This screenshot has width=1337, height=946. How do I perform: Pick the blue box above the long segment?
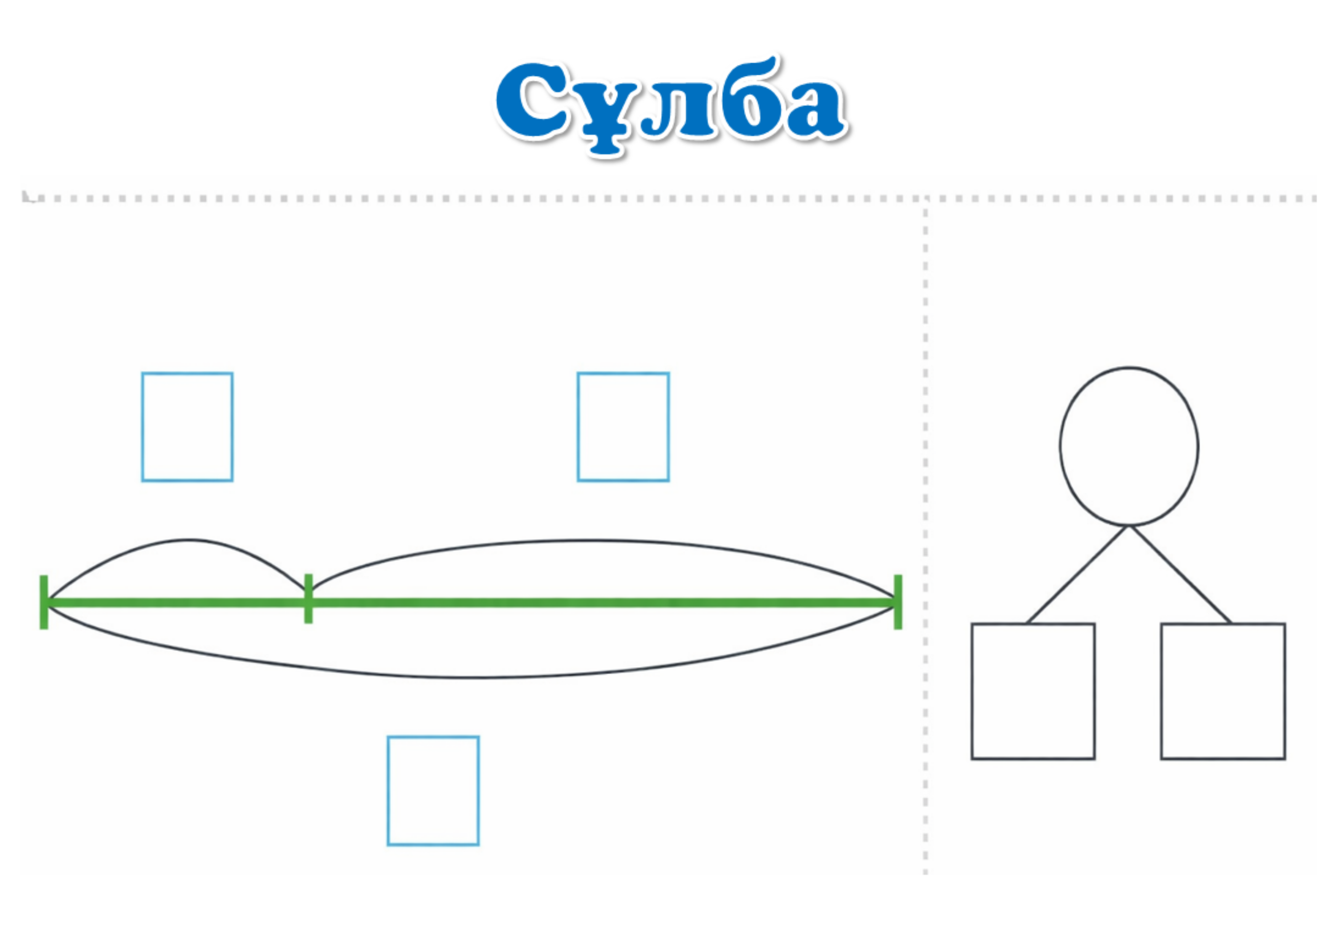[623, 427]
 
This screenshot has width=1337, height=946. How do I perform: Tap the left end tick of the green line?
[44, 602]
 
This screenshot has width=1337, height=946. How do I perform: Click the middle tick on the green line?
[308, 599]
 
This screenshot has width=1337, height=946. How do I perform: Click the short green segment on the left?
[175, 603]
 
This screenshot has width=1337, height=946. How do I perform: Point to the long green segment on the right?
[600, 603]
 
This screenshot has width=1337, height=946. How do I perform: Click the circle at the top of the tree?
[1128, 446]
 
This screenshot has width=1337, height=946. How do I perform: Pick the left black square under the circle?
[1032, 691]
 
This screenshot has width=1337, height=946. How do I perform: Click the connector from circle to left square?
[1077, 575]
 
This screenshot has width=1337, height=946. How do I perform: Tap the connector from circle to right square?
[1180, 575]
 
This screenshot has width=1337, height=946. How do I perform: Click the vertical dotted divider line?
[925, 524]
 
